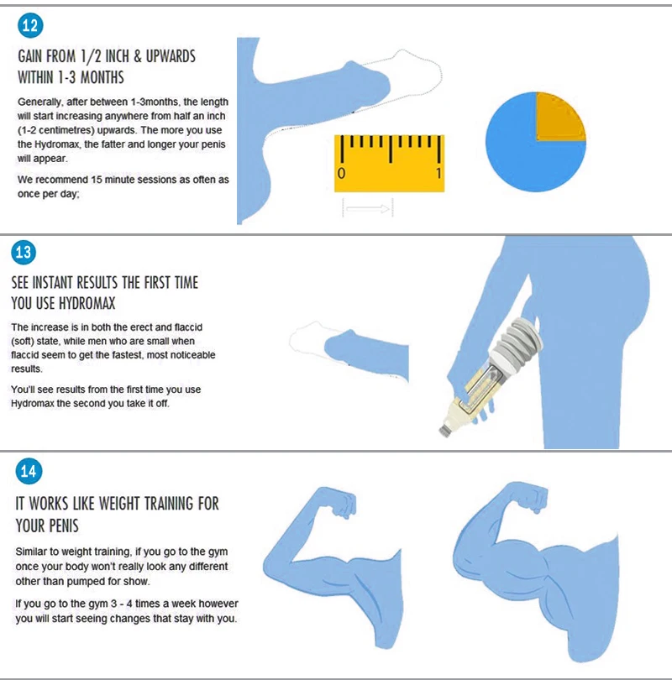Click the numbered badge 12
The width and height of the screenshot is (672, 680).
point(30,25)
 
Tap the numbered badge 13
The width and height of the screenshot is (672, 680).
point(24,252)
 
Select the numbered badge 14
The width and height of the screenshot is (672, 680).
point(29,471)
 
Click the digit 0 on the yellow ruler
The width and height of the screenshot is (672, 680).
point(341,174)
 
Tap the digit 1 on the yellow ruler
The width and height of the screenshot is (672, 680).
point(438,174)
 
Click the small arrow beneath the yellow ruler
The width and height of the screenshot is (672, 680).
point(368,208)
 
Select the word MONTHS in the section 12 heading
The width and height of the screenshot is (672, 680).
point(102,77)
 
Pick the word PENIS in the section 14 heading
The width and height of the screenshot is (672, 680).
point(60,526)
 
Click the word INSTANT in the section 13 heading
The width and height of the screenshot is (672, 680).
point(52,283)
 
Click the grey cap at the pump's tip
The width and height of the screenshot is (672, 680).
point(444,430)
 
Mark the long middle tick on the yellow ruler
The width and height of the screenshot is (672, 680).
point(391,149)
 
